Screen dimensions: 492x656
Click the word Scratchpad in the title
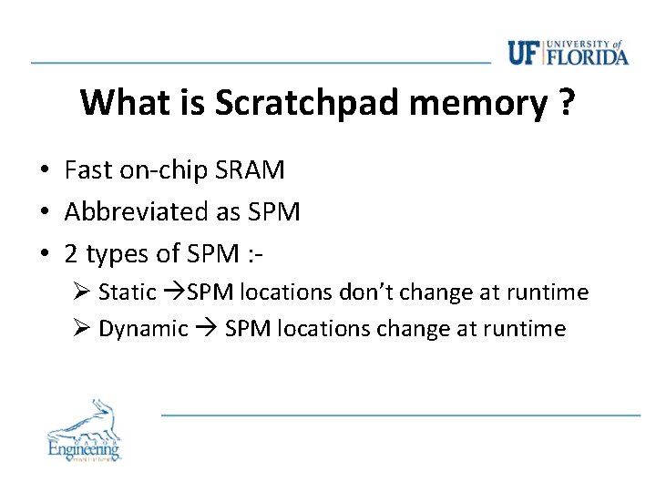click(x=309, y=104)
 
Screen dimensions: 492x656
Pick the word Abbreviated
click(x=137, y=212)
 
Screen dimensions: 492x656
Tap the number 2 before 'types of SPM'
click(x=72, y=254)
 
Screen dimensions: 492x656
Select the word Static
click(x=128, y=292)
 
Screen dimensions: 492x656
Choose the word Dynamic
click(x=143, y=329)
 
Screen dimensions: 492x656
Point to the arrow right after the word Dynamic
click(x=204, y=329)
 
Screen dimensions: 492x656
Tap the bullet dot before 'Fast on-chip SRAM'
click(x=44, y=171)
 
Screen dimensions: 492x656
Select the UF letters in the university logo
click(x=523, y=53)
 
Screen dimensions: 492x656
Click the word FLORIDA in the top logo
click(x=589, y=57)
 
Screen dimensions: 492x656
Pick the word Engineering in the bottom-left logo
click(x=84, y=448)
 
